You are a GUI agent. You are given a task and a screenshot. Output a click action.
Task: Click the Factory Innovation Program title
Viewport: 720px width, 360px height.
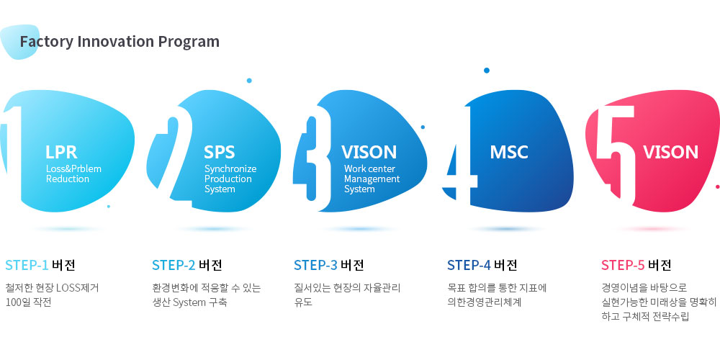coord(120,42)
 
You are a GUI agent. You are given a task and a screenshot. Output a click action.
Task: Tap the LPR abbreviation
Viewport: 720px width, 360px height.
coord(61,152)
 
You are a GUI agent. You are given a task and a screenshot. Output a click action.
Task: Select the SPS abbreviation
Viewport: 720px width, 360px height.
coord(219,152)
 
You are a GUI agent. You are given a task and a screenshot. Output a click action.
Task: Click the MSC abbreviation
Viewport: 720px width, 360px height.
coord(509,152)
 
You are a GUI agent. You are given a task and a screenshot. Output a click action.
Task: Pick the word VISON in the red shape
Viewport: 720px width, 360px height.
coord(670,152)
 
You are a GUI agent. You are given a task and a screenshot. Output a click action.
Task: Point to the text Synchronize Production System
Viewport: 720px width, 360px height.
coord(230,179)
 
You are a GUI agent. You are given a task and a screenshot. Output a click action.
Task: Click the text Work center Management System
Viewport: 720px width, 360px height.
coord(372,179)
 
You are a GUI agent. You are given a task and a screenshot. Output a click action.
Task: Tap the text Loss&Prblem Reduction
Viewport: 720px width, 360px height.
coord(73,174)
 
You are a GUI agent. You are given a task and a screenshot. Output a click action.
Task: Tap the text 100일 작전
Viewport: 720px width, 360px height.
coord(29,303)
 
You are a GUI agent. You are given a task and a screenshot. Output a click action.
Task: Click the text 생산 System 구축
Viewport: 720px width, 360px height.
coord(189,303)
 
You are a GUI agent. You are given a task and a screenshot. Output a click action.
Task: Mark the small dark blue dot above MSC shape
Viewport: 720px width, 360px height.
coord(487,71)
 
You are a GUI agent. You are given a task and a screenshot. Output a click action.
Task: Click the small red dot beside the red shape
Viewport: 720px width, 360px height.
coord(718,186)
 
